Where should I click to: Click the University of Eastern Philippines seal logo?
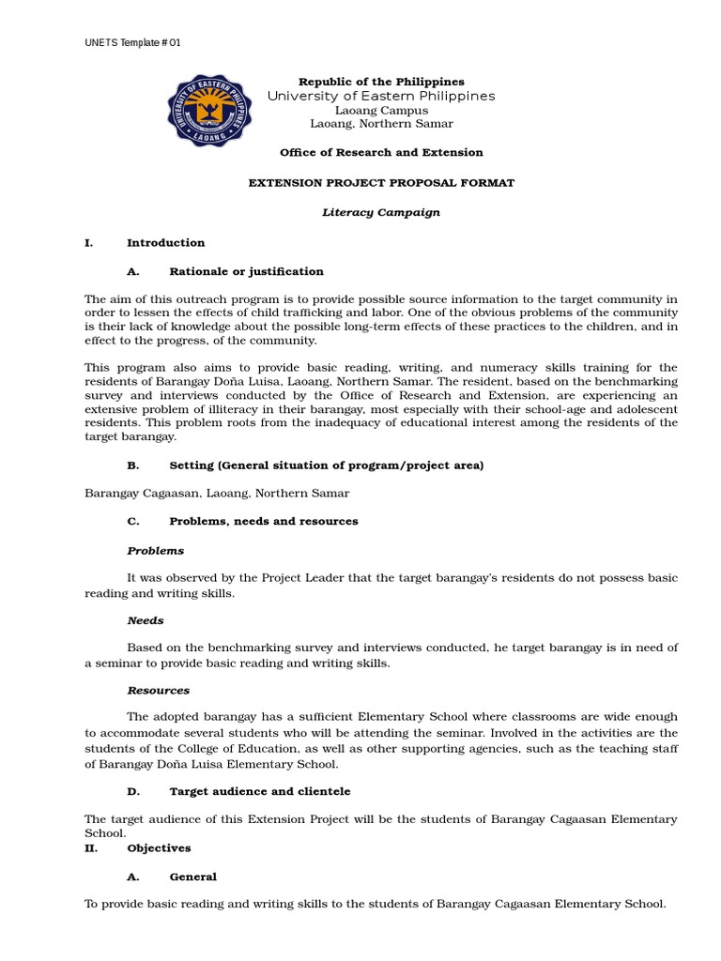pyautogui.click(x=209, y=111)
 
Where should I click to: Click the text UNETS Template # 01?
pyautogui.click(x=132, y=43)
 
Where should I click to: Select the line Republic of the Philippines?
pyautogui.click(x=381, y=82)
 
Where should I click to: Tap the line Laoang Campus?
pyautogui.click(x=381, y=110)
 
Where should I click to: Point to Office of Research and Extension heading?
pyautogui.click(x=381, y=152)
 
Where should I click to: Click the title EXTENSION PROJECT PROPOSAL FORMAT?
pyautogui.click(x=381, y=183)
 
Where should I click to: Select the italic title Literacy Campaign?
pyautogui.click(x=381, y=212)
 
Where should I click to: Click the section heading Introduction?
pyautogui.click(x=166, y=242)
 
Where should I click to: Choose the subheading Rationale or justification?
pyautogui.click(x=246, y=271)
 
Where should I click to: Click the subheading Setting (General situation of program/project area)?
pyautogui.click(x=327, y=465)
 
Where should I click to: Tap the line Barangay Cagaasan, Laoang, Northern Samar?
pyautogui.click(x=217, y=493)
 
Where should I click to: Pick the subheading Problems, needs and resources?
pyautogui.click(x=264, y=521)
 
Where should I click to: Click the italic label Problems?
pyautogui.click(x=156, y=550)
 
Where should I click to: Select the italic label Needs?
pyautogui.click(x=146, y=620)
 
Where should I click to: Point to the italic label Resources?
pyautogui.click(x=159, y=690)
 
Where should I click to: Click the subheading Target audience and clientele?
pyautogui.click(x=260, y=791)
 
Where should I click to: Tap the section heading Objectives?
pyautogui.click(x=160, y=847)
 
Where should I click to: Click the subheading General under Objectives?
pyautogui.click(x=193, y=877)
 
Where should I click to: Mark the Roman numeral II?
pyautogui.click(x=91, y=847)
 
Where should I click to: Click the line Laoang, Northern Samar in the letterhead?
pyautogui.click(x=381, y=124)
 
